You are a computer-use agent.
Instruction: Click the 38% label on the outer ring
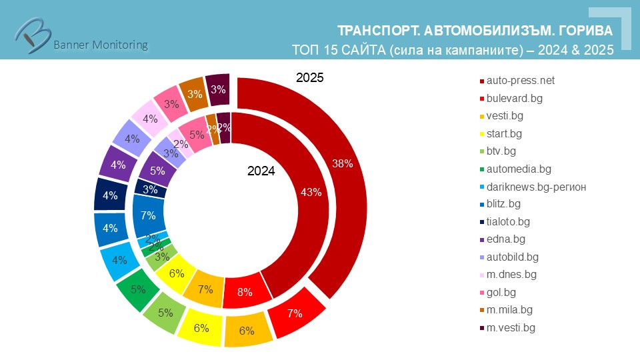[x=342, y=163]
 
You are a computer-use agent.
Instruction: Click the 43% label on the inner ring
[x=311, y=193]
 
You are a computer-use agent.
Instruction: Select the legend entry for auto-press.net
[x=520, y=81]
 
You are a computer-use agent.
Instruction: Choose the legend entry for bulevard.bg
[x=515, y=98]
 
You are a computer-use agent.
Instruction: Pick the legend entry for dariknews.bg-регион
[x=536, y=187]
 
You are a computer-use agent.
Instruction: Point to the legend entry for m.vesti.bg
[x=511, y=327]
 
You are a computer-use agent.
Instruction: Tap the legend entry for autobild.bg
[x=512, y=257]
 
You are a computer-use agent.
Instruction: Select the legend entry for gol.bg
[x=501, y=292]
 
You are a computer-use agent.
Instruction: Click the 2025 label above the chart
[x=309, y=78]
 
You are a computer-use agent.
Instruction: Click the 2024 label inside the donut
[x=261, y=171]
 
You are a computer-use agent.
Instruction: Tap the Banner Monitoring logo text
[x=100, y=45]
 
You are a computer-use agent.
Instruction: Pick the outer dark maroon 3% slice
[x=217, y=89]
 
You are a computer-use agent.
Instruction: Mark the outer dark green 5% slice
[x=137, y=289]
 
